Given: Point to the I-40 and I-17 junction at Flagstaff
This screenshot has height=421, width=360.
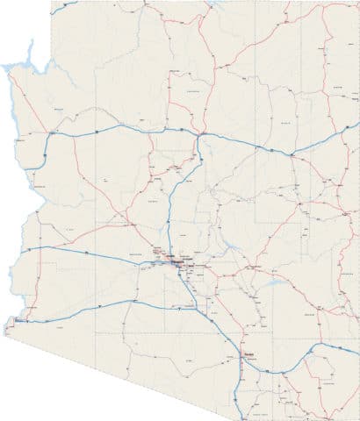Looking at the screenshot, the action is tap(200, 135).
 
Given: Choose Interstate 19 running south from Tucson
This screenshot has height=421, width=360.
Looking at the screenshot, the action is tap(240, 386).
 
